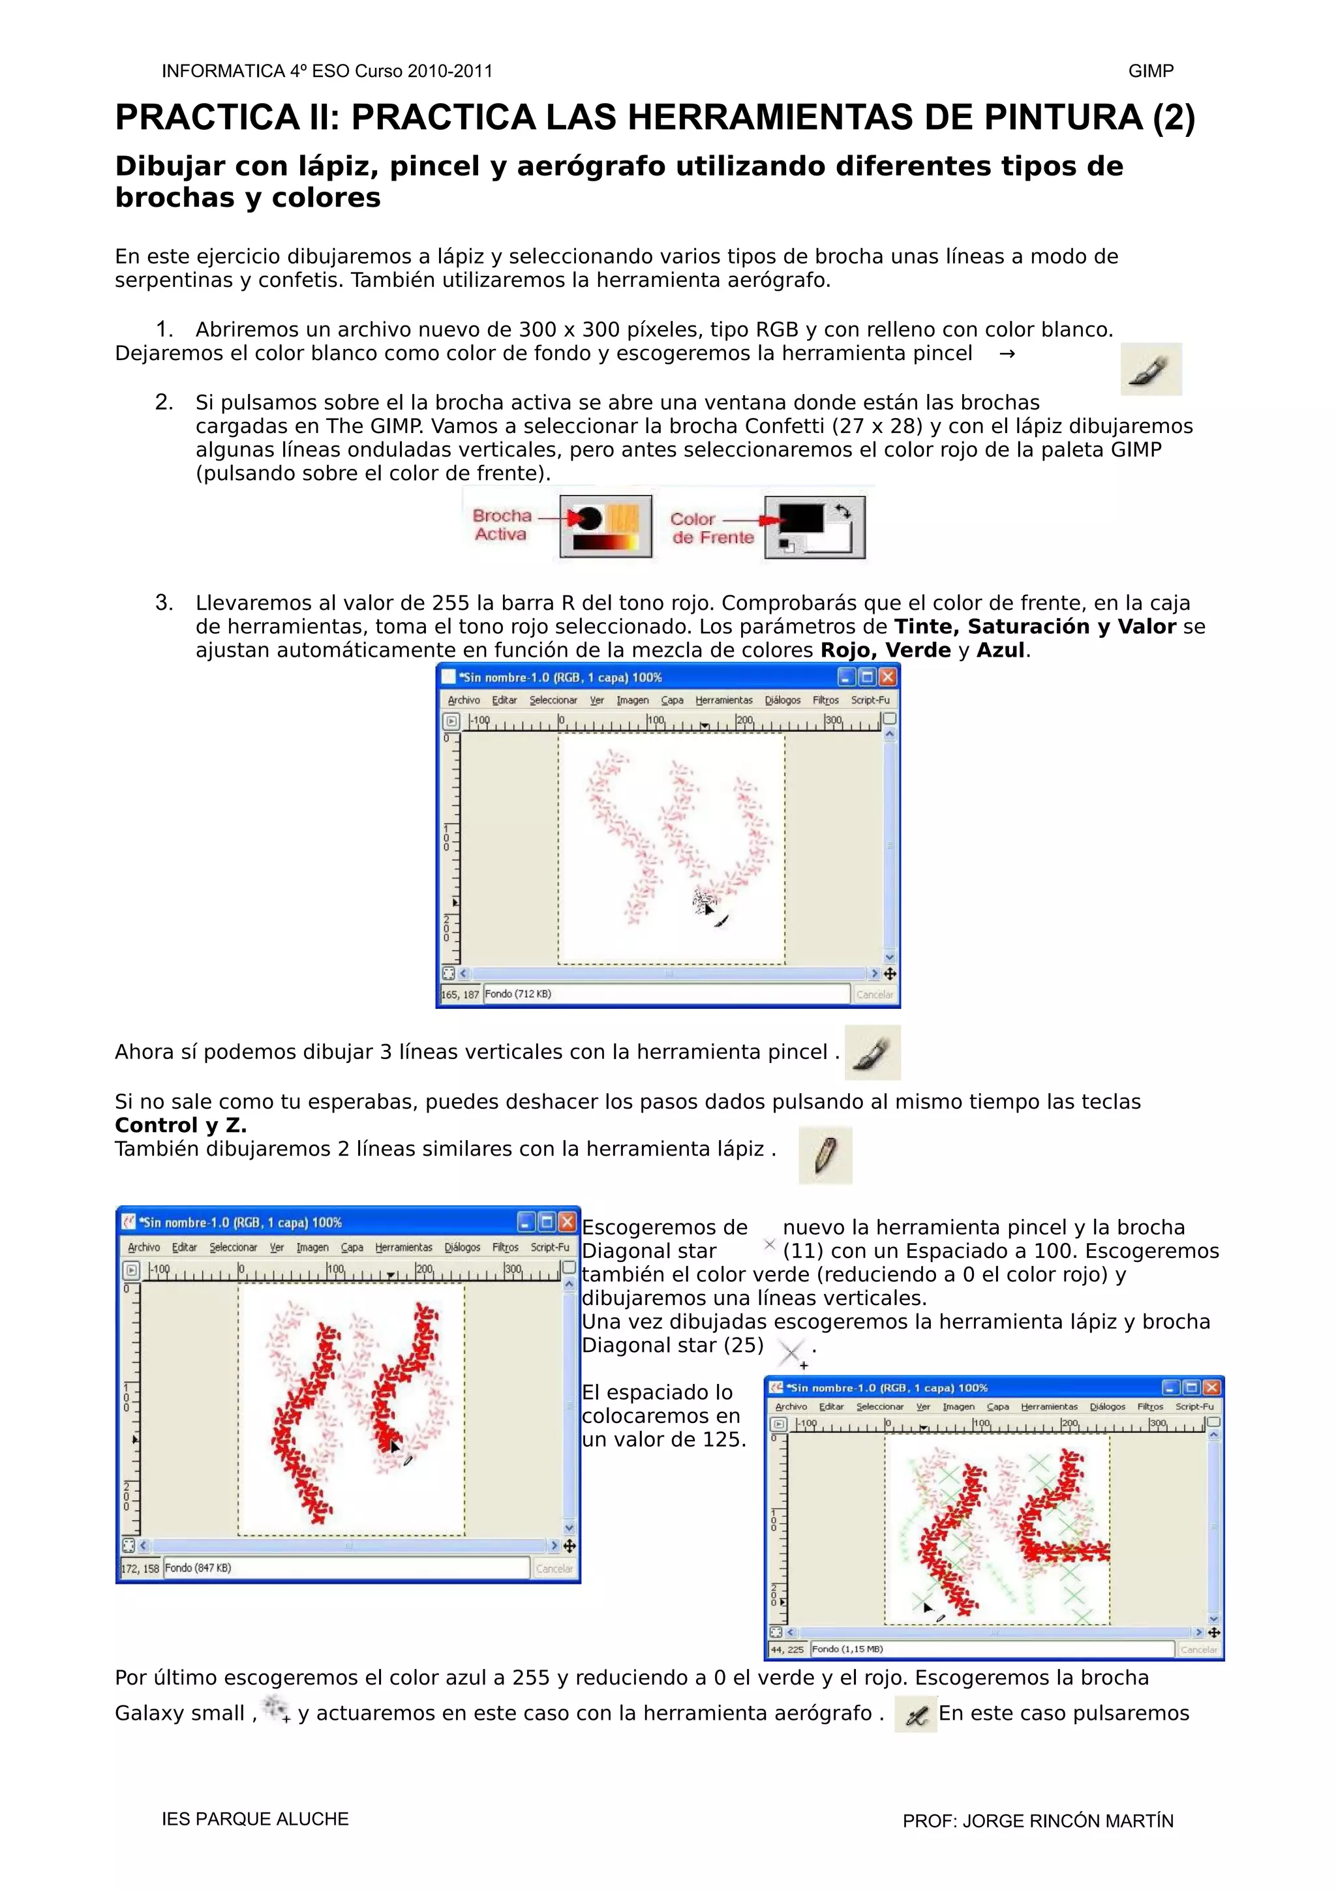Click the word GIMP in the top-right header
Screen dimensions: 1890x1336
click(1150, 71)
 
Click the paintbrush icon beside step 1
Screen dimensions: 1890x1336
click(1151, 370)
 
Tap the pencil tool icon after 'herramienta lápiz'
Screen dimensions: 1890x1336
click(825, 1156)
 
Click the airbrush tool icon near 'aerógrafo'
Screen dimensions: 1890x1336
click(915, 1715)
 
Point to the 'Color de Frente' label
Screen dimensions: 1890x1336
click(711, 528)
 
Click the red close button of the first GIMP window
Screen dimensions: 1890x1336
click(887, 677)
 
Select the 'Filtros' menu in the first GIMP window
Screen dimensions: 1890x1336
click(825, 700)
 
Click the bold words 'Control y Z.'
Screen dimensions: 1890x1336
click(180, 1125)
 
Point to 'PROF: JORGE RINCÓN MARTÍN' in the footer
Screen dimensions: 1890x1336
click(1037, 1821)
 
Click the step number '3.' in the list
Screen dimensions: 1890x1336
click(164, 603)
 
